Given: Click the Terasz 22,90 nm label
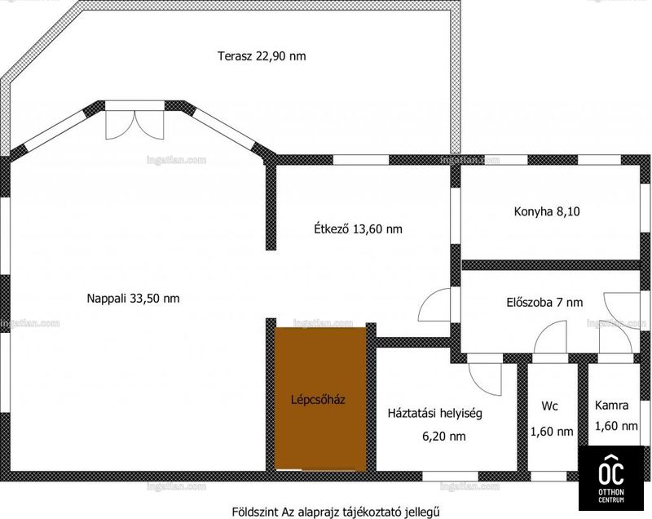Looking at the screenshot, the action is tap(262, 55).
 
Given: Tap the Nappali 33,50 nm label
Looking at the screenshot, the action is tap(133, 299).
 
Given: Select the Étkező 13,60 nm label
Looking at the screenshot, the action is tap(358, 229).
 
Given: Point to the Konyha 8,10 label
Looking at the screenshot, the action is tap(547, 211).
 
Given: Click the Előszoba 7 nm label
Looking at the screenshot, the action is tap(544, 302).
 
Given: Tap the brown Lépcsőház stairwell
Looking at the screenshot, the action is tap(320, 399).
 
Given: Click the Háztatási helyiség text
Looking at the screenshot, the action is tap(435, 413).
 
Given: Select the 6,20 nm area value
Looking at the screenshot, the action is tap(443, 437).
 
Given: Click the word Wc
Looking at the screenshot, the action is tap(549, 406).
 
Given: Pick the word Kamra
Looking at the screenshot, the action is tap(611, 406).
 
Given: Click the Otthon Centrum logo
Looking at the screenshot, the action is tap(610, 478).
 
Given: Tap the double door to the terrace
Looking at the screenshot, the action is tap(134, 124).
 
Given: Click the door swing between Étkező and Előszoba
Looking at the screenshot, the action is tap(435, 304).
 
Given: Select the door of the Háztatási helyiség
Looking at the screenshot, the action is tap(485, 379).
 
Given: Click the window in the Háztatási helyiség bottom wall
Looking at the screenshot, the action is tap(451, 476).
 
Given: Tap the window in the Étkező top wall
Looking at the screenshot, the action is tap(361, 160).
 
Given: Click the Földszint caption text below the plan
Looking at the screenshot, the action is tap(335, 511).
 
